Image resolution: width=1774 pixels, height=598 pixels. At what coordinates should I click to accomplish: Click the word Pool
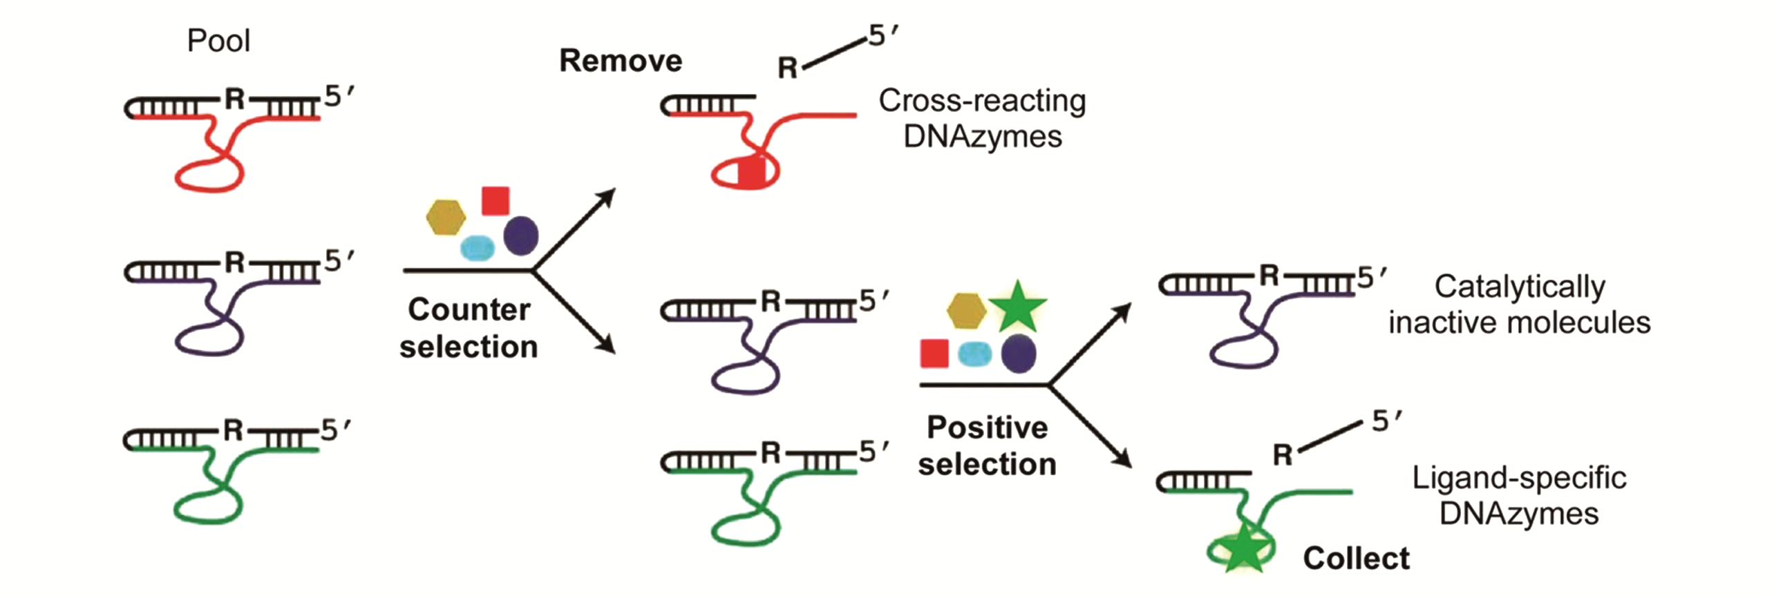(218, 41)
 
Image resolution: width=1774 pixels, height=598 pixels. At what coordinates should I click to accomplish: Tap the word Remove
(621, 61)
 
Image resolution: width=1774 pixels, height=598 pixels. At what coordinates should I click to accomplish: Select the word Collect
(1356, 558)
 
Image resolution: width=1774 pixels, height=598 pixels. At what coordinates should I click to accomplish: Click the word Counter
(469, 309)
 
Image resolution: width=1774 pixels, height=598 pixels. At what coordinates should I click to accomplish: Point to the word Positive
(987, 427)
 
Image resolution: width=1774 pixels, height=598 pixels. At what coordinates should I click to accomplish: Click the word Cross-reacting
(982, 101)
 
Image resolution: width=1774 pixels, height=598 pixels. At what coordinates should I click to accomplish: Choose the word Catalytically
(1520, 287)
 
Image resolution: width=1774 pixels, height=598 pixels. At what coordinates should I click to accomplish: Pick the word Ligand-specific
(1519, 478)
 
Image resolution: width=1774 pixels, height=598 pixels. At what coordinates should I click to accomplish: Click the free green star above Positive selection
(1017, 306)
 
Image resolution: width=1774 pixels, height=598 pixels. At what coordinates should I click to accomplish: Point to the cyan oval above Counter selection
(477, 247)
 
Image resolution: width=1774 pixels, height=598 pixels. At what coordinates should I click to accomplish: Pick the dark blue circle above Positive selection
(1019, 353)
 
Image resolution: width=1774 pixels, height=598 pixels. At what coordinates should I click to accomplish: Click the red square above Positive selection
(934, 353)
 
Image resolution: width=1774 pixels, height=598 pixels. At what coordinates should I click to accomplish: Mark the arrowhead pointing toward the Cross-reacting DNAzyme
(608, 195)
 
